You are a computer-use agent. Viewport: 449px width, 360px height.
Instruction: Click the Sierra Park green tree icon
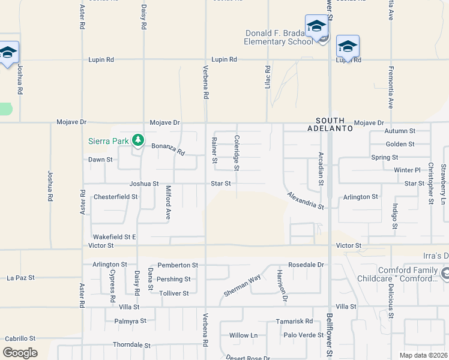[x=138, y=140]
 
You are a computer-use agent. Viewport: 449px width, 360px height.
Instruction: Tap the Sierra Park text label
[x=108, y=141]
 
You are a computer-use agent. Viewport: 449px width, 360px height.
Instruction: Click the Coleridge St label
[x=237, y=154]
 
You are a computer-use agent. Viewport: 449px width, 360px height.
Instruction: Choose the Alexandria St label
[x=305, y=200]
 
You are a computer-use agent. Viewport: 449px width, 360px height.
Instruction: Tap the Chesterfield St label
[x=115, y=196]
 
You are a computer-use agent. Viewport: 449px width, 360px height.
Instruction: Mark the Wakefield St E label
[x=114, y=237]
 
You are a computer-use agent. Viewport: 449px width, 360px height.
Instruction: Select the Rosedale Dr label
[x=306, y=264]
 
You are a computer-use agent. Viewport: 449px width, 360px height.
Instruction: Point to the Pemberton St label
[x=178, y=265]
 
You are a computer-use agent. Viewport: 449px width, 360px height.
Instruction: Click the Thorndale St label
[x=131, y=345]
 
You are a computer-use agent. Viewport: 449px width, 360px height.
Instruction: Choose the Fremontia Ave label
[x=390, y=86]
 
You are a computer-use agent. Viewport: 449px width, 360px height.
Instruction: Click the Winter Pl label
[x=408, y=170]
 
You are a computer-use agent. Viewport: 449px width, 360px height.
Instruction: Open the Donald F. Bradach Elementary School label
[x=279, y=37]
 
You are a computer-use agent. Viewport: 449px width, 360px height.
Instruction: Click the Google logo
[x=20, y=353]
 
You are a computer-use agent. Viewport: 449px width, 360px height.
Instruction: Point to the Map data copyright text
[x=423, y=355]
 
